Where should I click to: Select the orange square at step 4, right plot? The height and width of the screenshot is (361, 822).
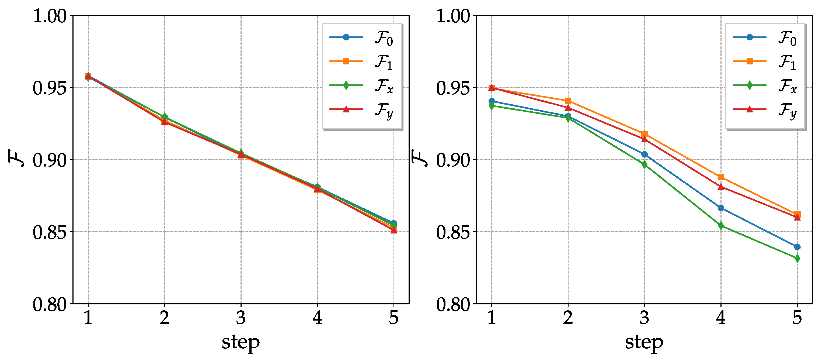(x=721, y=177)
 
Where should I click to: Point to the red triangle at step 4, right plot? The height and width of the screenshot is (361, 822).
(x=721, y=187)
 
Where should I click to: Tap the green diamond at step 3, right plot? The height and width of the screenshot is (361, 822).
(x=644, y=165)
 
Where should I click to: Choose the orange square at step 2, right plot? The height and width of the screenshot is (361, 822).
(x=568, y=101)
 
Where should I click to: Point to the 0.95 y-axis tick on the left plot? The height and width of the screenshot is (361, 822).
(x=50, y=88)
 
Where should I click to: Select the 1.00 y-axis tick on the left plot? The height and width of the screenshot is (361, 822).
(x=50, y=16)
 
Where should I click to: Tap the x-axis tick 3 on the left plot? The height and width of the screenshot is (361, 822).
(x=241, y=318)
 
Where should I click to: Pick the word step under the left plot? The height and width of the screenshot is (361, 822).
(x=241, y=342)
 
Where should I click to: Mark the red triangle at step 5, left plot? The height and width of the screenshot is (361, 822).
(x=393, y=230)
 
